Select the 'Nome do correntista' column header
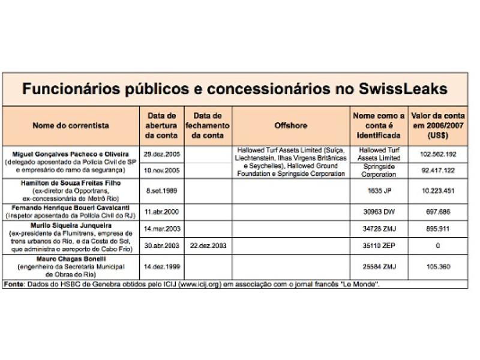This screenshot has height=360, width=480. point(71,125)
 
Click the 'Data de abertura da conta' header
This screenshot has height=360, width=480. point(161,125)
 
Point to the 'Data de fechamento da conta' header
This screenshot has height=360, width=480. point(208,125)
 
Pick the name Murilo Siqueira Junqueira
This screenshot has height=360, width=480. point(71,226)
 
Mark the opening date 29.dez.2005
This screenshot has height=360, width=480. point(161,154)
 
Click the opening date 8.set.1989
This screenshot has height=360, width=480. point(161,190)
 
